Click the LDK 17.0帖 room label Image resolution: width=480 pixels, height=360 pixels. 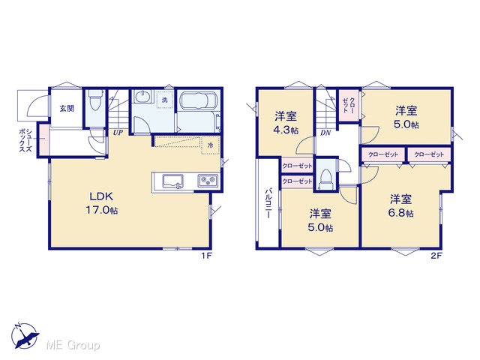click(101, 203)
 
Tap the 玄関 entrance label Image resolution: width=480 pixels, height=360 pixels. click(67, 108)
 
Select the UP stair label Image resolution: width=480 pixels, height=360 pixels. click(118, 133)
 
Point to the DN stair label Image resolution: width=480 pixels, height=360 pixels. click(325, 133)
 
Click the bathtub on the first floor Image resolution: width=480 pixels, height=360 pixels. click(199, 100)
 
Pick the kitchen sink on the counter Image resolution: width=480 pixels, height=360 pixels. click(172, 181)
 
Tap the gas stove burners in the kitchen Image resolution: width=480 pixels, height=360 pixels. click(208, 180)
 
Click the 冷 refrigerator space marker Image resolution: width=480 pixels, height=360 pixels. click(210, 145)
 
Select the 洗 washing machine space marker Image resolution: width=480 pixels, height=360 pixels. click(165, 100)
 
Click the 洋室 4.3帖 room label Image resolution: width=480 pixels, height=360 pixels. click(286, 123)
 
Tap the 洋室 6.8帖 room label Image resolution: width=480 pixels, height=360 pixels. click(400, 206)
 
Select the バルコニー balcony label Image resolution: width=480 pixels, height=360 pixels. click(268, 203)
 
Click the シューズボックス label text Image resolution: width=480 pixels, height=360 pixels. click(25, 140)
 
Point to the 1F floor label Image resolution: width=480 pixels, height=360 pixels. click(207, 256)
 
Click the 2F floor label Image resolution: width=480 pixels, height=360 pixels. click(436, 256)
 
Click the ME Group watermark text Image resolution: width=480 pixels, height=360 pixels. click(73, 346)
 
